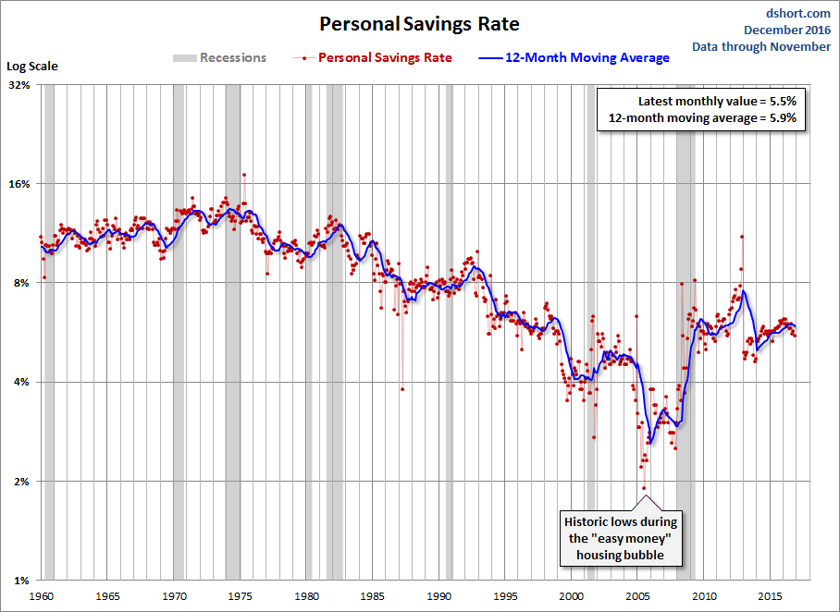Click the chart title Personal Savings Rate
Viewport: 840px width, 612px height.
click(419, 23)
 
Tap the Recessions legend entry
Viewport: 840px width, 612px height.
click(219, 57)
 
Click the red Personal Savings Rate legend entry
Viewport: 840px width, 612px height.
click(384, 57)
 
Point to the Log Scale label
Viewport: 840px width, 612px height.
click(32, 67)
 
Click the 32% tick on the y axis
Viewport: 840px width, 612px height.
click(19, 85)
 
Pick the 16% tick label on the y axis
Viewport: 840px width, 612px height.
click(19, 184)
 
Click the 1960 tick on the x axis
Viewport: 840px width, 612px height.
click(42, 595)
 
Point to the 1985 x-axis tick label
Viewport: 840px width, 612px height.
click(373, 595)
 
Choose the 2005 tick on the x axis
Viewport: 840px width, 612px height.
click(638, 595)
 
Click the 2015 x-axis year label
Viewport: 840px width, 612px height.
click(771, 595)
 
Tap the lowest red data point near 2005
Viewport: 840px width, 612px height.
click(644, 488)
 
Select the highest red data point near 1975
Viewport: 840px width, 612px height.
click(244, 174)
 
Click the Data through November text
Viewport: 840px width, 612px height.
click(760, 46)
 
